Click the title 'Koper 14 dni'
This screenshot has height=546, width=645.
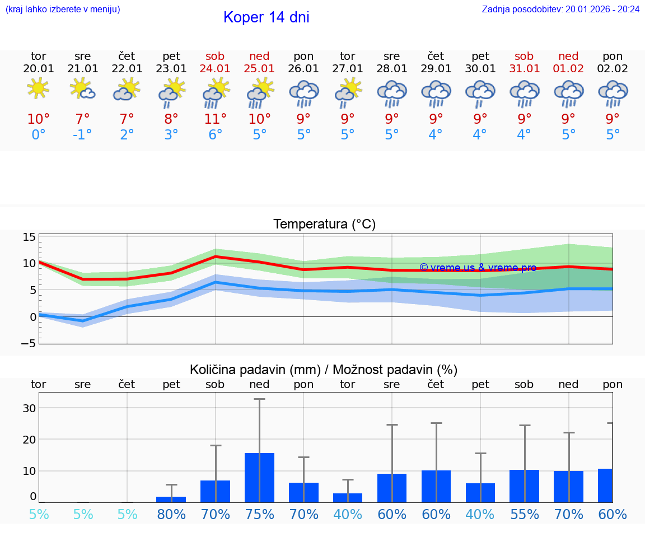tap(266, 17)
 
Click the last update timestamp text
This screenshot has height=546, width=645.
tap(560, 10)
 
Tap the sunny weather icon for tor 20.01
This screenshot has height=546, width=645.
tap(38, 89)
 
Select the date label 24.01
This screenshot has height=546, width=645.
tap(215, 69)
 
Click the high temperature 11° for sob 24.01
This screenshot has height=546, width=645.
tap(215, 119)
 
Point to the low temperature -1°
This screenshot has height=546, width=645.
tap(82, 135)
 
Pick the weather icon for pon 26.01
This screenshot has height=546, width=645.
tap(303, 93)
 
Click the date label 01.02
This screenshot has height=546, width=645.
tap(568, 69)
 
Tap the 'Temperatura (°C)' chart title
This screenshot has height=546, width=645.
tap(324, 225)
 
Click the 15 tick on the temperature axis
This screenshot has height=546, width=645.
tap(29, 237)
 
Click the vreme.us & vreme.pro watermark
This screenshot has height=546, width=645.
tap(478, 268)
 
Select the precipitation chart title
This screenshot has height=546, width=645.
tap(324, 370)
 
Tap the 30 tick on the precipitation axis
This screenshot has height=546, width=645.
tap(29, 408)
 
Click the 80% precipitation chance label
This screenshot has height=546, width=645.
tap(171, 515)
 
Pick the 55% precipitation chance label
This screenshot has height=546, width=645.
tap(524, 515)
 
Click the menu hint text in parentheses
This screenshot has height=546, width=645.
tap(63, 10)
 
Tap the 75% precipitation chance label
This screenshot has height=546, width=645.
tap(259, 515)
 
